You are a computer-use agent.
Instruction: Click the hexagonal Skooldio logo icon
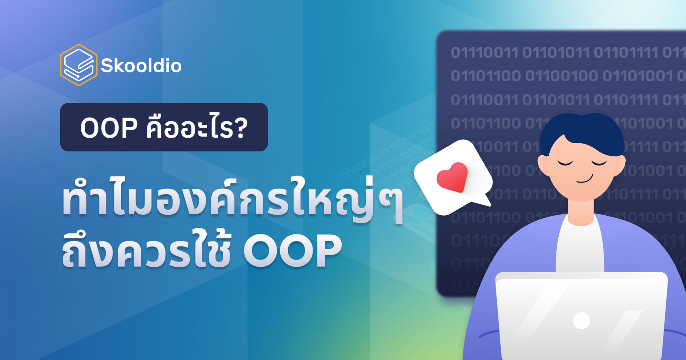coord(79,65)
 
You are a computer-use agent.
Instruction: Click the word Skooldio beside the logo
coord(141,66)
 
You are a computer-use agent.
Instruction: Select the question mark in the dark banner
coord(240,128)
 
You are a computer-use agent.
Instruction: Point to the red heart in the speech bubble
coord(452,176)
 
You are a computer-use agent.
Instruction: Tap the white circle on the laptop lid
coord(581,320)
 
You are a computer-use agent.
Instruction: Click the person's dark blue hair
coord(581,131)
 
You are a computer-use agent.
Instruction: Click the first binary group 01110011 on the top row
coord(484,53)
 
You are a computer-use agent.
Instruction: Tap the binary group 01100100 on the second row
coord(561,76)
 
